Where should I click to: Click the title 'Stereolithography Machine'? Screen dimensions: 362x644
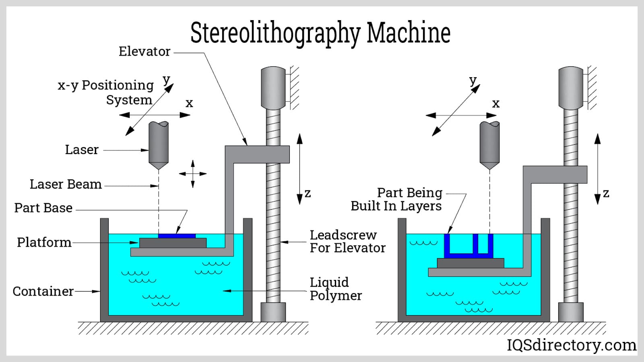[320, 33]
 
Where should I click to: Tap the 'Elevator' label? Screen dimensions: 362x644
[144, 51]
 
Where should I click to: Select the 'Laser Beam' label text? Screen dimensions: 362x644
[66, 184]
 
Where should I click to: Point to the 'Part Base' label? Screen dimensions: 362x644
[43, 208]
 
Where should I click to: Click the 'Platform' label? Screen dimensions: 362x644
[44, 243]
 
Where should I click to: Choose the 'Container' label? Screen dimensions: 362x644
[43, 291]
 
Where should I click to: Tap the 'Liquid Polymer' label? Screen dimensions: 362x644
[335, 289]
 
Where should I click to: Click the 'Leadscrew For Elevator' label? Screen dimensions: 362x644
[347, 241]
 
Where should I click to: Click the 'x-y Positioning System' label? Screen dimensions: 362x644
[106, 93]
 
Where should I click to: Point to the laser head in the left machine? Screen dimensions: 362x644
[159, 145]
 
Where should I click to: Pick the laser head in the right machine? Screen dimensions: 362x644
[489, 145]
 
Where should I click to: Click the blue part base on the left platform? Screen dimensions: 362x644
[177, 236]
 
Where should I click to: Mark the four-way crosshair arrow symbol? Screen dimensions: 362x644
[193, 174]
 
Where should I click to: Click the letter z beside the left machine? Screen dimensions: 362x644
[308, 193]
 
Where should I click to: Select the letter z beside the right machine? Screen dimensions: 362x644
[606, 193]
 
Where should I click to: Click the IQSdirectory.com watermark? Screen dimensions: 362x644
[571, 345]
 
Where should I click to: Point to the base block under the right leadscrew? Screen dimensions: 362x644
[571, 312]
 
